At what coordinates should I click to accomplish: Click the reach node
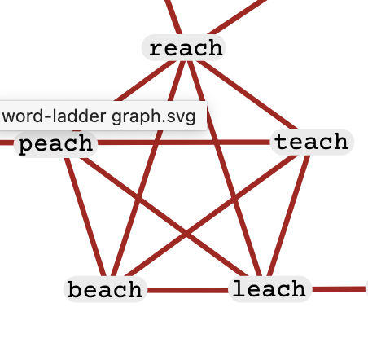pyautogui.click(x=184, y=48)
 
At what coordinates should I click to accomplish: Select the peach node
pyautogui.click(x=55, y=144)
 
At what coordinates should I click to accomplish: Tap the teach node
pyautogui.click(x=312, y=142)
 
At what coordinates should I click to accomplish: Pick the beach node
pyautogui.click(x=105, y=289)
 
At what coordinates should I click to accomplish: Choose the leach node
pyautogui.click(x=269, y=289)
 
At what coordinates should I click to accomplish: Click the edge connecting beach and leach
pyautogui.click(x=187, y=290)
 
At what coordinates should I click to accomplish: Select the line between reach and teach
pyautogui.click(x=248, y=95)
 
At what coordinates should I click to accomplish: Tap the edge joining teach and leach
pyautogui.click(x=288, y=216)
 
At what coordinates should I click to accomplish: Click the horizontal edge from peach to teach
pyautogui.click(x=184, y=143)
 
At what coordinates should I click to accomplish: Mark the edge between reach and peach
pyautogui.click(x=146, y=81)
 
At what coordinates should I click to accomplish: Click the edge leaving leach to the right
pyautogui.click(x=340, y=289)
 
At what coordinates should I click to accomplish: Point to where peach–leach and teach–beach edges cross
pyautogui.click(x=186, y=235)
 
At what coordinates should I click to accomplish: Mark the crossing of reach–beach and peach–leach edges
pyautogui.click(x=138, y=200)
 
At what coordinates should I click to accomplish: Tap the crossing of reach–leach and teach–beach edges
pyautogui.click(x=234, y=200)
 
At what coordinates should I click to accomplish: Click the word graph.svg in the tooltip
pyautogui.click(x=154, y=116)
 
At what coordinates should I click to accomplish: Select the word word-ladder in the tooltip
pyautogui.click(x=54, y=116)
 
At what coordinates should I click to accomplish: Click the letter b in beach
pyautogui.click(x=75, y=289)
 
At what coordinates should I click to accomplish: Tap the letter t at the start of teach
pyautogui.click(x=281, y=142)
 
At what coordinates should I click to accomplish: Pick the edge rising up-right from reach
pyautogui.click(x=238, y=16)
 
